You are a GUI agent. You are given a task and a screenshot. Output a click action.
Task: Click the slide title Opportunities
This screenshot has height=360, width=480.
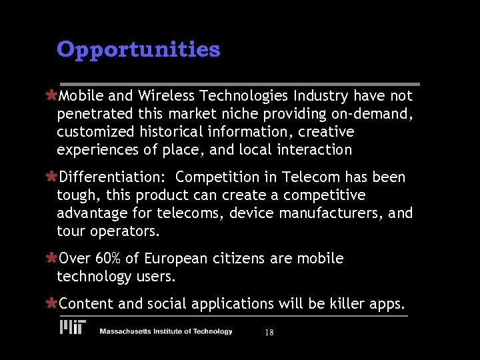(x=138, y=49)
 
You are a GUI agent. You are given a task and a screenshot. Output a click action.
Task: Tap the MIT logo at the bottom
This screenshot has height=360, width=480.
(x=72, y=327)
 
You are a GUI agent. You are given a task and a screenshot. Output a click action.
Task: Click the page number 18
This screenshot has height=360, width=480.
(x=269, y=332)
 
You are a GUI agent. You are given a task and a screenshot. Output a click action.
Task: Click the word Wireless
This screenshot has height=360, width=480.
(x=161, y=96)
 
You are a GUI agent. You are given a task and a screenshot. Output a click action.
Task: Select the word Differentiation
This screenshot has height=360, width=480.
(x=113, y=177)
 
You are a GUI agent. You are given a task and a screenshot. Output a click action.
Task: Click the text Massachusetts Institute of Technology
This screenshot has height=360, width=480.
(x=166, y=331)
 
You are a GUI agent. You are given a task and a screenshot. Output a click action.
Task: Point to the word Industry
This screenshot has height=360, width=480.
(x=323, y=96)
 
